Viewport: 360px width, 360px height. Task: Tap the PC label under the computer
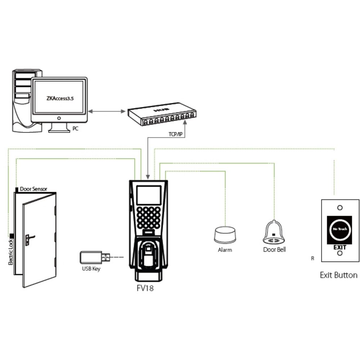pyautogui.click(x=75, y=128)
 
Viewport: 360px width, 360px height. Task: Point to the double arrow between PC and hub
pyautogui.click(x=106, y=111)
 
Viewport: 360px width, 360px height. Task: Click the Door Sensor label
pyautogui.click(x=33, y=189)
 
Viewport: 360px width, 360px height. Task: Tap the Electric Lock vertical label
pyautogui.click(x=10, y=252)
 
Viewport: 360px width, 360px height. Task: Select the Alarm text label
pyautogui.click(x=225, y=249)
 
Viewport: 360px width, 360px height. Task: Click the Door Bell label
pyautogui.click(x=274, y=249)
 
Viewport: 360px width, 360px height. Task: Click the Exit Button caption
pyautogui.click(x=339, y=275)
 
